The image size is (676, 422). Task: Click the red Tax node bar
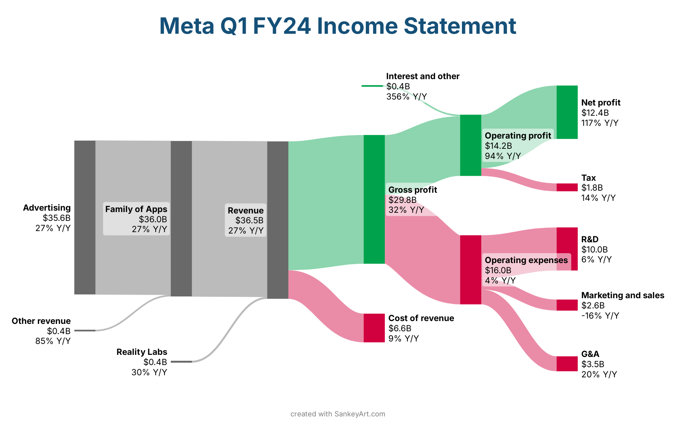(567, 187)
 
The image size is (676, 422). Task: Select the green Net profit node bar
(567, 112)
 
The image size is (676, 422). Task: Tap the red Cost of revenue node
(374, 328)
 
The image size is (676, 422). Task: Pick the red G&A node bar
(567, 364)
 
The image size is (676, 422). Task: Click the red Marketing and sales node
(567, 305)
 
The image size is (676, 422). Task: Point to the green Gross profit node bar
(374, 199)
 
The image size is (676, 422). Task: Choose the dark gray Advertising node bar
(84, 217)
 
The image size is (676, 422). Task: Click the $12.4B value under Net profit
(595, 113)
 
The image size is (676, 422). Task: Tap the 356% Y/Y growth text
(406, 97)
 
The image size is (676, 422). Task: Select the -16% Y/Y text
(600, 316)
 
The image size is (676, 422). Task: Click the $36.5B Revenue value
(249, 220)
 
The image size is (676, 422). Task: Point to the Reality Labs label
(142, 352)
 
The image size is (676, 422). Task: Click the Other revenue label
(41, 321)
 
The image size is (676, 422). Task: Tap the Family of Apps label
(136, 209)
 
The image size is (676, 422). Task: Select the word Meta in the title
(187, 26)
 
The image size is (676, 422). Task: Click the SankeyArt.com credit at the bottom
(359, 414)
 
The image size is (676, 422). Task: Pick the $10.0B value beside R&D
(594, 250)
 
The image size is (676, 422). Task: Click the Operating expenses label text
(526, 260)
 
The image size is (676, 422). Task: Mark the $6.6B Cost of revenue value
(400, 328)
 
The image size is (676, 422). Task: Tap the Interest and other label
(423, 76)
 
